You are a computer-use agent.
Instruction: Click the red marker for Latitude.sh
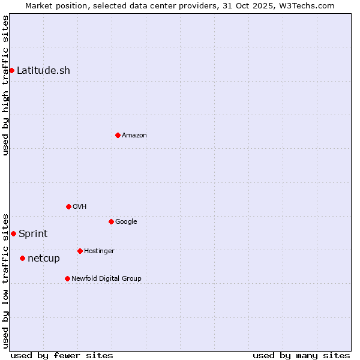click(12, 70)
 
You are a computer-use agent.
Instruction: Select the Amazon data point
click(118, 135)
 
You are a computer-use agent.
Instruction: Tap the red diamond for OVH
click(68, 206)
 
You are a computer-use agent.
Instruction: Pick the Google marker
click(111, 221)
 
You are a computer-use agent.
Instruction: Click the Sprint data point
click(13, 233)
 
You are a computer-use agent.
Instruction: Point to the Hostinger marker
click(80, 251)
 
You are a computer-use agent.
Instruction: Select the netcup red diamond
click(22, 258)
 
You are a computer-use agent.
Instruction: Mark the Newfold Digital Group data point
click(67, 278)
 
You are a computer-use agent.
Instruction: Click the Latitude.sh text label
click(43, 70)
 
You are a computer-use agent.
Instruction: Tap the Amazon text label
click(134, 135)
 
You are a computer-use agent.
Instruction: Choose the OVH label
click(80, 206)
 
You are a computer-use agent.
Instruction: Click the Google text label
click(126, 221)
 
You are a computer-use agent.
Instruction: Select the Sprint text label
click(33, 233)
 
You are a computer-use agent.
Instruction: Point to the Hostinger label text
click(99, 251)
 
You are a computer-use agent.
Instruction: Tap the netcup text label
click(44, 258)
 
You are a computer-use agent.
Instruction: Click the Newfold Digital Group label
click(106, 278)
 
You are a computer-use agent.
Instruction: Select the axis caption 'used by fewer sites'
click(62, 355)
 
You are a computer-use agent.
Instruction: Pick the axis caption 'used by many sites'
click(301, 355)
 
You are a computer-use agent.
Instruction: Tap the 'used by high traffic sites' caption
click(5, 85)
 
